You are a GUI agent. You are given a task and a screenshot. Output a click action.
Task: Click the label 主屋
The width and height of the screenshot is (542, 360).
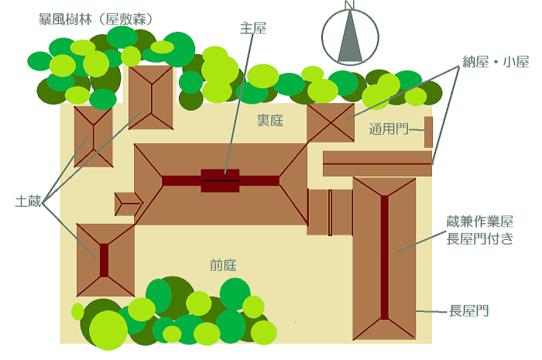tap(253, 29)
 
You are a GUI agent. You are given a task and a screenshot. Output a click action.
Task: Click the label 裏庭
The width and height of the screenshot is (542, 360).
tap(270, 120)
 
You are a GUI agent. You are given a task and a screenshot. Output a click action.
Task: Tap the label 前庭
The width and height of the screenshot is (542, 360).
tap(222, 265)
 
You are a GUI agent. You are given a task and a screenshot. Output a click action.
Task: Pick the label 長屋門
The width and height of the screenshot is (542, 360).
tap(469, 311)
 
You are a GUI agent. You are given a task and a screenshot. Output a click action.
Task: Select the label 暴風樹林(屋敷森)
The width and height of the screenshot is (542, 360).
tap(94, 17)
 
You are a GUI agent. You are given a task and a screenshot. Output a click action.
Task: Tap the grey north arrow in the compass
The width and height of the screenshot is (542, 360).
tap(350, 39)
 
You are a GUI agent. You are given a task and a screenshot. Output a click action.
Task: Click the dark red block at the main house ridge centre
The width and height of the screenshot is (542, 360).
tap(221, 180)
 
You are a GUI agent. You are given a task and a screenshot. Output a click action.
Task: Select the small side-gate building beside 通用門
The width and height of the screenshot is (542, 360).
tap(428, 131)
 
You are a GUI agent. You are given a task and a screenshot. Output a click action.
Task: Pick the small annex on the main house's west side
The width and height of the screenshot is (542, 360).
tap(128, 204)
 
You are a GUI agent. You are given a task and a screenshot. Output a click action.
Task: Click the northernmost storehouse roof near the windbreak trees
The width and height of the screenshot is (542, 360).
tap(151, 98)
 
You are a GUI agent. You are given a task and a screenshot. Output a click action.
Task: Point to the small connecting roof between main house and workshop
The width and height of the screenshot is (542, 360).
tap(330, 211)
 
